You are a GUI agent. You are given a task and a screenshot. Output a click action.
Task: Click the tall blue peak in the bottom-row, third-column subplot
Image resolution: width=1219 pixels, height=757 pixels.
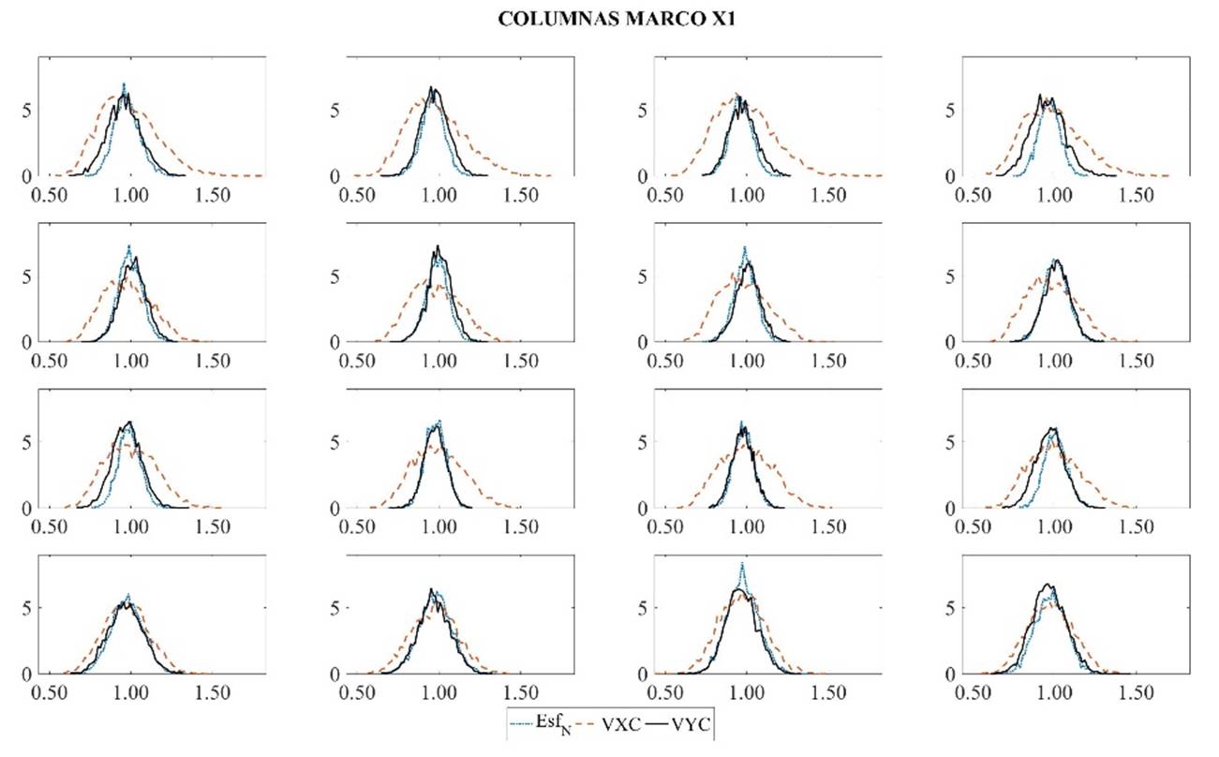pyautogui.click(x=743, y=565)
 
